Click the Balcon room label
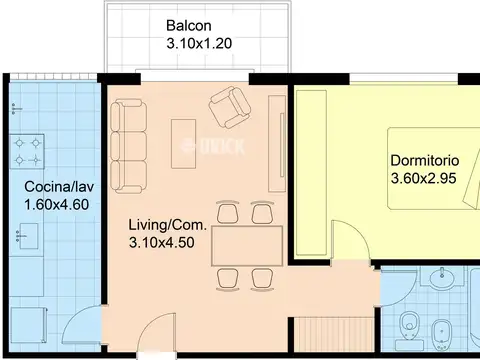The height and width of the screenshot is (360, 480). [x=189, y=26]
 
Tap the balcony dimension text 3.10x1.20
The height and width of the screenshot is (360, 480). [x=199, y=43]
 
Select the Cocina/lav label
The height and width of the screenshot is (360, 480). [x=59, y=187]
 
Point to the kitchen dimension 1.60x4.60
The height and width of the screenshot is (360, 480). [x=57, y=204]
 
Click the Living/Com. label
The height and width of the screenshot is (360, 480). [x=168, y=225]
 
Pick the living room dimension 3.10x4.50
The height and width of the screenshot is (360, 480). [x=162, y=242]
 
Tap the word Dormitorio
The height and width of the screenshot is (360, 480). [x=425, y=161]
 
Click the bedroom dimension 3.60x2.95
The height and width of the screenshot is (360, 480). [x=423, y=178]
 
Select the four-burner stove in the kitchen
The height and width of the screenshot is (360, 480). [x=27, y=152]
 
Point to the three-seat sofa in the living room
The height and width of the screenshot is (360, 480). [x=128, y=147]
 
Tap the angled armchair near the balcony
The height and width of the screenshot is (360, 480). [x=230, y=107]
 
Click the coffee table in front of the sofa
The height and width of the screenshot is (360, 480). [x=183, y=144]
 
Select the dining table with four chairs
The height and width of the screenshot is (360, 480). [x=247, y=246]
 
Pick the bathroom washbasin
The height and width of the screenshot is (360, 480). [x=442, y=277]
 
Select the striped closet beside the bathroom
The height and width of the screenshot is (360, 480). [x=333, y=334]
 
